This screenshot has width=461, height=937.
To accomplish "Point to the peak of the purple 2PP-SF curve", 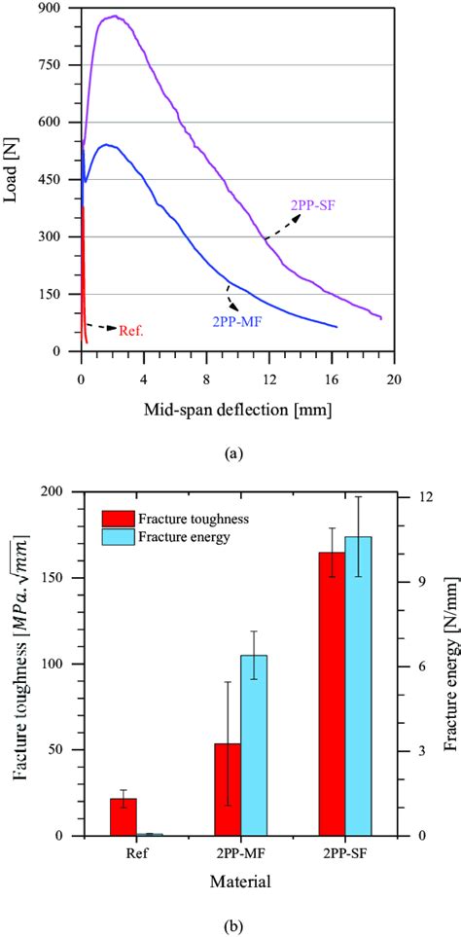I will pos(115,17).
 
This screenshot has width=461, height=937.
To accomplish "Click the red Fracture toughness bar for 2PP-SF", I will pos(333,694).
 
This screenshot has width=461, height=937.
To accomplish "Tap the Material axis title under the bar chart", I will pos(239,881).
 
